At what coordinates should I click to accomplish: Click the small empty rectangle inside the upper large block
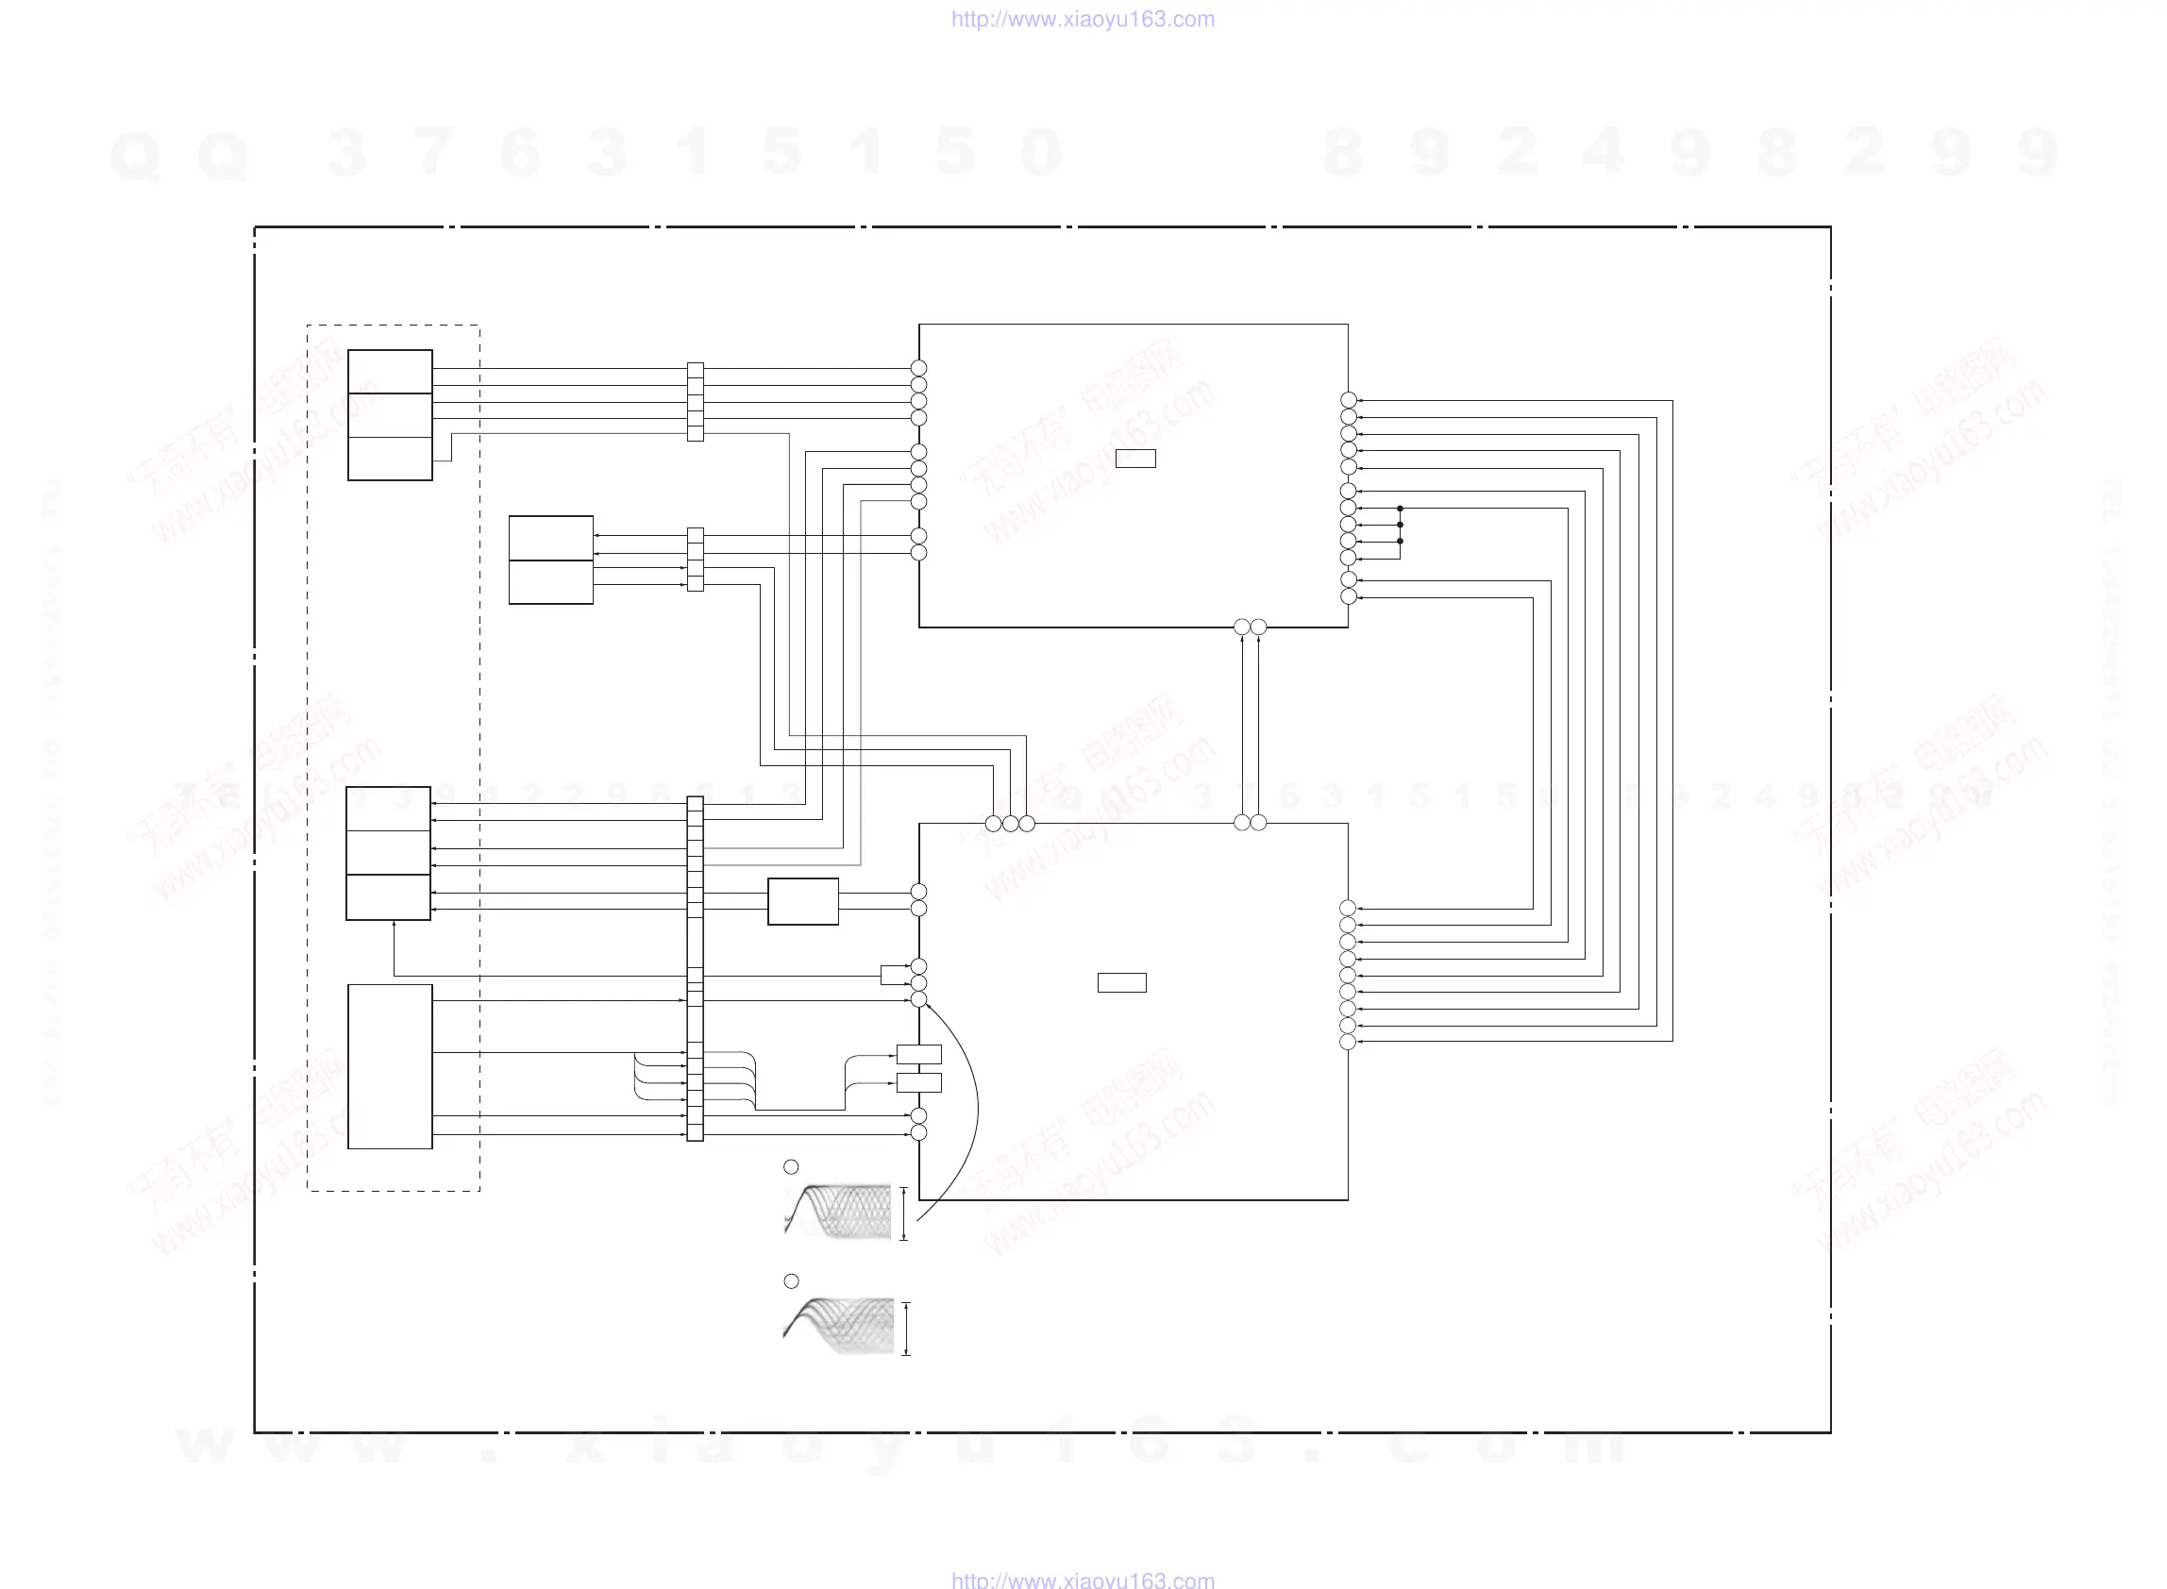(x=1135, y=459)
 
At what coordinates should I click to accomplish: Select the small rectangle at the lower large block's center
(x=1121, y=982)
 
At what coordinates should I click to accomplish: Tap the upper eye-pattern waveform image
(x=838, y=1211)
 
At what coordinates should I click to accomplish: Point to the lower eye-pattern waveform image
(x=838, y=1326)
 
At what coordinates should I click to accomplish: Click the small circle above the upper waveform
(x=791, y=1166)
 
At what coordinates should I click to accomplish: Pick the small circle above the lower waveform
(x=791, y=1281)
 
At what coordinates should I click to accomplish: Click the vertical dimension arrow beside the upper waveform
(x=903, y=1213)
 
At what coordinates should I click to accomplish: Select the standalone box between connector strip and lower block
(x=802, y=901)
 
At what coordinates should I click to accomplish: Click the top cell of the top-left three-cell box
(x=390, y=371)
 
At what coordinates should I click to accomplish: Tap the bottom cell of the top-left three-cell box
(x=390, y=458)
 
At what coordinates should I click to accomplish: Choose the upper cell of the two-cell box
(x=550, y=538)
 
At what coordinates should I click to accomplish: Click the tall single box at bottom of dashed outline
(x=390, y=1065)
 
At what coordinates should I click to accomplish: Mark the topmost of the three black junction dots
(x=1400, y=508)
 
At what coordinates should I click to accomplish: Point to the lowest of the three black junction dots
(x=1400, y=542)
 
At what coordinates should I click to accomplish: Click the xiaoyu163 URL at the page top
(x=1082, y=19)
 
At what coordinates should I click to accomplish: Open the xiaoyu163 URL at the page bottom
(x=1082, y=1580)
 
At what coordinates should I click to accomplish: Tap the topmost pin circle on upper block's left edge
(x=918, y=368)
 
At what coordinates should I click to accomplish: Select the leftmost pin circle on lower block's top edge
(x=993, y=824)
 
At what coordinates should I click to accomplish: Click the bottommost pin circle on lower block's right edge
(x=1348, y=1042)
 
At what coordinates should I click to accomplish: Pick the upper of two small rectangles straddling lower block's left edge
(x=918, y=1054)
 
